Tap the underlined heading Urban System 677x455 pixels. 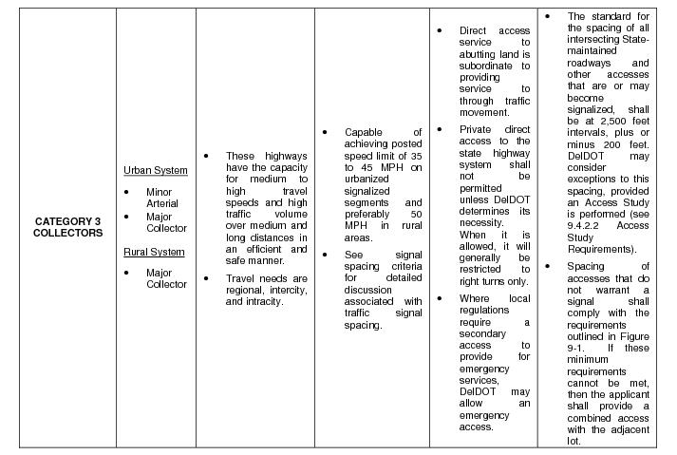(155, 171)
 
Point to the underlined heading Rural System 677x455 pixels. (154, 252)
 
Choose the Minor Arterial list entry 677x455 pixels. (161, 198)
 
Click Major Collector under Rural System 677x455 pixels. (165, 278)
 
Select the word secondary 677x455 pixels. (482, 333)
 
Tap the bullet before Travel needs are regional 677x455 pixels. (207, 277)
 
